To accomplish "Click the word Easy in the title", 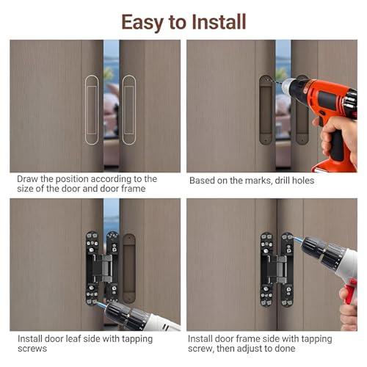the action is coord(142,23).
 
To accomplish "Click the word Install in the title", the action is coord(219,22).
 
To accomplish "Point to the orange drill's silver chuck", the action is coord(287,86).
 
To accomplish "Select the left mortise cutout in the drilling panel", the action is coord(266,110).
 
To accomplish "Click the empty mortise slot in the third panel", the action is coord(129,269).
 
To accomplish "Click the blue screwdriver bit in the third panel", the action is coord(101,305).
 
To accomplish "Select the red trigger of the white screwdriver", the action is coord(349,292).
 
